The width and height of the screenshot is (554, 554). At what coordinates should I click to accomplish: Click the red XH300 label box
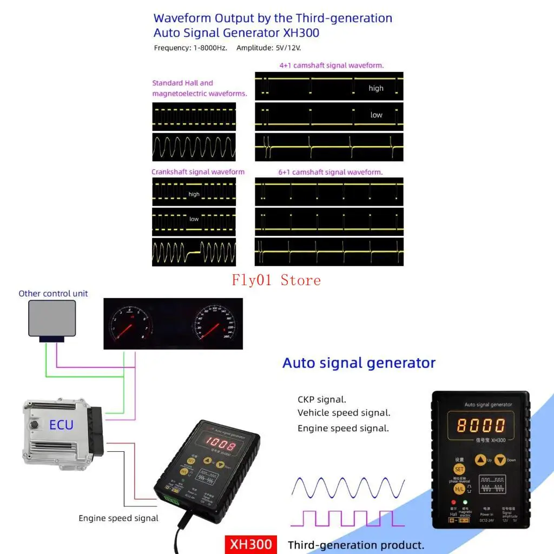pyautogui.click(x=251, y=544)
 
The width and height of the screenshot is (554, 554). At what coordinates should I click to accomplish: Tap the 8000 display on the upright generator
pyautogui.click(x=480, y=425)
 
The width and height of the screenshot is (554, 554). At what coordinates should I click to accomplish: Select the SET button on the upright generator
pyautogui.click(x=459, y=469)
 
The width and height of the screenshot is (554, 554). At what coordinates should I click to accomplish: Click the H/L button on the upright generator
pyautogui.click(x=459, y=489)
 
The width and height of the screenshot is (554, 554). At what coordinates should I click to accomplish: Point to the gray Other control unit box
pyautogui.click(x=52, y=318)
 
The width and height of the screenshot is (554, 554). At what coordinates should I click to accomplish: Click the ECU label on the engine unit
pyautogui.click(x=61, y=425)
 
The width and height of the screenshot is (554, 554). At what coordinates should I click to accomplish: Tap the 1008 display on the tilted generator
pyautogui.click(x=220, y=446)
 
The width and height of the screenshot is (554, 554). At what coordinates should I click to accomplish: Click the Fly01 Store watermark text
pyautogui.click(x=276, y=280)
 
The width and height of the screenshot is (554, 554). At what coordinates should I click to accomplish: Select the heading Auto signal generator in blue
pyautogui.click(x=359, y=362)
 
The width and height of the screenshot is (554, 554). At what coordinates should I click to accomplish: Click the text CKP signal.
pyautogui.click(x=322, y=400)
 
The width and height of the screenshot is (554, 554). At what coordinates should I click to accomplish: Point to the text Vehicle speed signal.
pyautogui.click(x=344, y=413)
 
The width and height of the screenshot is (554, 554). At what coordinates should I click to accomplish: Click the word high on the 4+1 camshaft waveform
pyautogui.click(x=376, y=88)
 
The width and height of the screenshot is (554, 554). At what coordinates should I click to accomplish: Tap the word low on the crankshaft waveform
pyautogui.click(x=194, y=219)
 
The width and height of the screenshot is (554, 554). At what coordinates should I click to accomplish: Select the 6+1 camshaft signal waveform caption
pyautogui.click(x=330, y=172)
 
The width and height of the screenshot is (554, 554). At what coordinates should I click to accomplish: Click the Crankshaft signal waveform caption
pyautogui.click(x=198, y=172)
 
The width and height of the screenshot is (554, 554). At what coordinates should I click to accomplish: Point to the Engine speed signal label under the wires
pyautogui.click(x=118, y=518)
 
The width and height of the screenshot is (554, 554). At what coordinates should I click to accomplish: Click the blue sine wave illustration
pyautogui.click(x=348, y=487)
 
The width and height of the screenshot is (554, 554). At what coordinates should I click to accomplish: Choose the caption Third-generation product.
pyautogui.click(x=355, y=545)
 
